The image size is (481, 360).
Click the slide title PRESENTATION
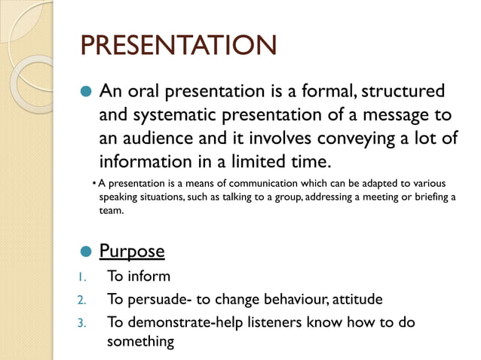click(179, 46)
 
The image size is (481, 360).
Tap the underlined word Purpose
click(132, 251)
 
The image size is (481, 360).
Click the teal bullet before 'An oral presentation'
click(85, 92)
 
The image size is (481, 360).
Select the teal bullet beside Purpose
click(85, 252)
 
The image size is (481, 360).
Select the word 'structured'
click(403, 92)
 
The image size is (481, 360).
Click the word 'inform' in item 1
click(148, 276)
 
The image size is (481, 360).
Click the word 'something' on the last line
click(140, 341)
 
